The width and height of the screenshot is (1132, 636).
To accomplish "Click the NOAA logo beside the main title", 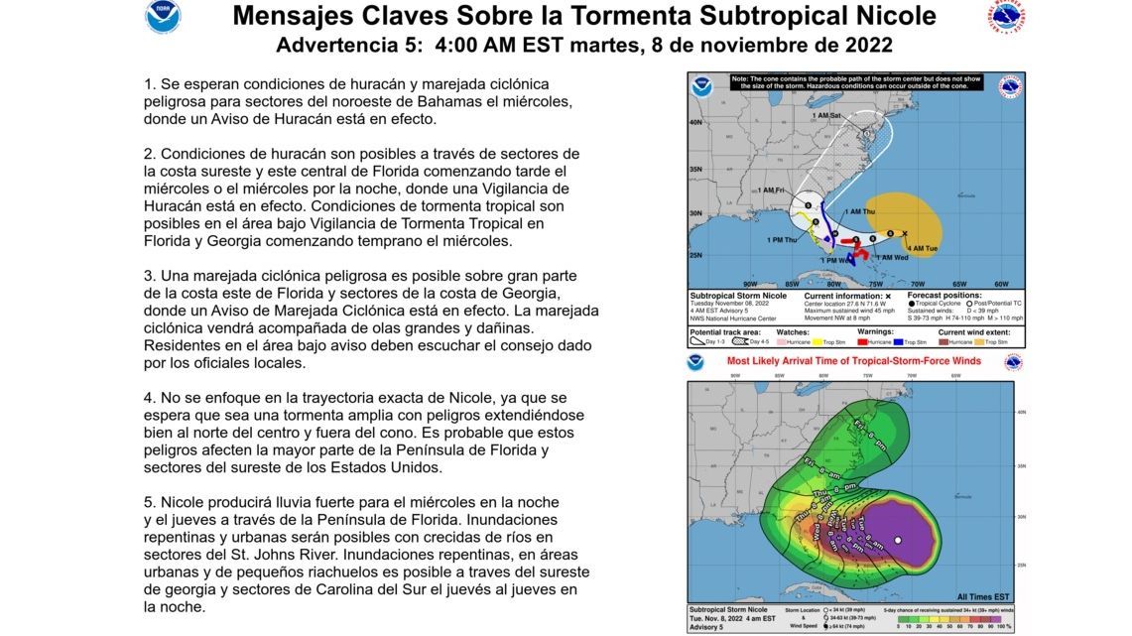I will (x=163, y=17).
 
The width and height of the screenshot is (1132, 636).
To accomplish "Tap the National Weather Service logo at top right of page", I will (x=1006, y=18).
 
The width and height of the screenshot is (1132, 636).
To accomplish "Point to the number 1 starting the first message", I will (x=149, y=84).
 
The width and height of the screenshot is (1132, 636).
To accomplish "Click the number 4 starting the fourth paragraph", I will (x=149, y=398).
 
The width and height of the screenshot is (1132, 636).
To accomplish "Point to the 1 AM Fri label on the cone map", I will (x=771, y=190).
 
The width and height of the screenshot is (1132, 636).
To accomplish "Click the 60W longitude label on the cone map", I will (x=1000, y=284).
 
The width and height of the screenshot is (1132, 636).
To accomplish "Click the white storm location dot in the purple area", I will (x=897, y=541).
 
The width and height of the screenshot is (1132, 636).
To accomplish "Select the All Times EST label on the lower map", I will (x=984, y=597).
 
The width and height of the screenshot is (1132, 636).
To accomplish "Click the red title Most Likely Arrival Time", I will (x=853, y=361).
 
